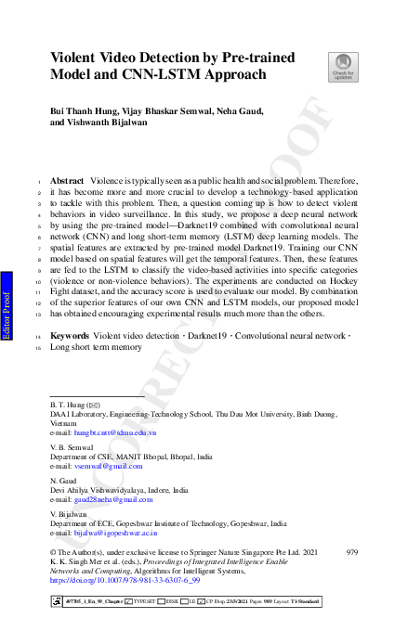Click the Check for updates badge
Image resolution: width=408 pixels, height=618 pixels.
point(342,66)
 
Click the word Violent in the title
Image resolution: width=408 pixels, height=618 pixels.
point(76,56)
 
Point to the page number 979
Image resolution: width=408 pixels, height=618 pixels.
point(350,551)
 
